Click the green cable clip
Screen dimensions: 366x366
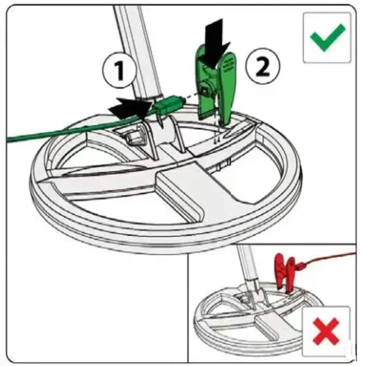215,87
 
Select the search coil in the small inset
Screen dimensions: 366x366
256,316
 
